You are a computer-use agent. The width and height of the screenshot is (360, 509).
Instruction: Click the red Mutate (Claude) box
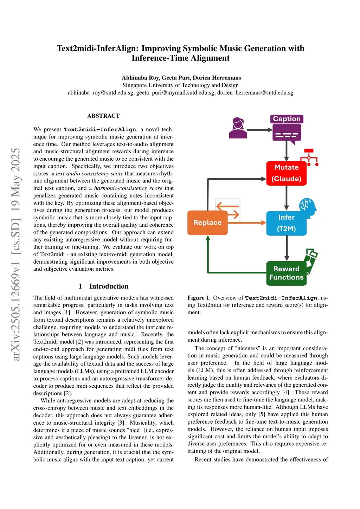[286, 173]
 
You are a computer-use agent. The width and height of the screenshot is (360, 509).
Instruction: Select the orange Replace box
[207, 223]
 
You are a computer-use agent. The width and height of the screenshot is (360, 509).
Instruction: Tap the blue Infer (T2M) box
[286, 223]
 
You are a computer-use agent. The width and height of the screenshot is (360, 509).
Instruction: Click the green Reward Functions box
[286, 273]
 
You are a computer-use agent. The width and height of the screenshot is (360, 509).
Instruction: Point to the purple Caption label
[287, 119]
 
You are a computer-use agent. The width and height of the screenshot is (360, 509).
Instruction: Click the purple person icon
[238, 128]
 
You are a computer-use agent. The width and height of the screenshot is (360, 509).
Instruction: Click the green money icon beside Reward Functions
[311, 259]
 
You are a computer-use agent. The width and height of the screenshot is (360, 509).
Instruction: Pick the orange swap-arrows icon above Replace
[227, 210]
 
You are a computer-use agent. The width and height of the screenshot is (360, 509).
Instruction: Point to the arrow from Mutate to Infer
[287, 198]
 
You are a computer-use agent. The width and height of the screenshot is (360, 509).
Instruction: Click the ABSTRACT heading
[103, 116]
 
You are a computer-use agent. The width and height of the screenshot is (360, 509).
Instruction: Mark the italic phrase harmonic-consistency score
[128, 188]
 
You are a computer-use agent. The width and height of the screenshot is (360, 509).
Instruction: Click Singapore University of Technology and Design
[180, 85]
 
